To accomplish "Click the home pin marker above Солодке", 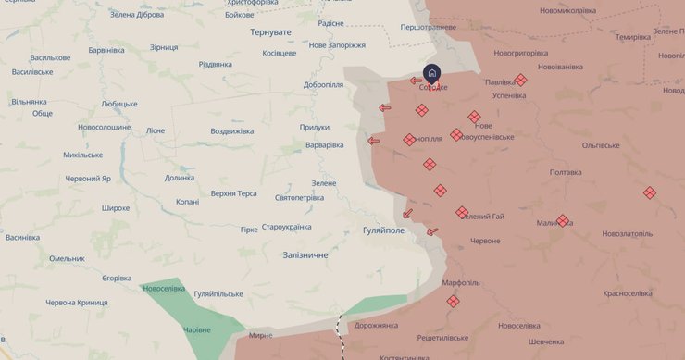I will coord(432,73).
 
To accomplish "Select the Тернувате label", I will coord(270,32).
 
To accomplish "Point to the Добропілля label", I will coord(323,85).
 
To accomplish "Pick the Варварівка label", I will coord(324,145).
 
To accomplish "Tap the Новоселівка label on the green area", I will coord(164,289).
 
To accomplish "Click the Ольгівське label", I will coord(606,145).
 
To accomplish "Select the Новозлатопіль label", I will coord(627,234).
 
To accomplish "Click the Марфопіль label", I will coord(461,282).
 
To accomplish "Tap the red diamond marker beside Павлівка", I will coord(520,81).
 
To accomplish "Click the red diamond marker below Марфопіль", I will coord(453,301).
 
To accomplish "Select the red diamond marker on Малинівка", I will coord(563,220).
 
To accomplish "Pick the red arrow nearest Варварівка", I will coord(374,142).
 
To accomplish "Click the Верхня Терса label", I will coord(233,193).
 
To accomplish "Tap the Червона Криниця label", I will coord(77,303).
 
